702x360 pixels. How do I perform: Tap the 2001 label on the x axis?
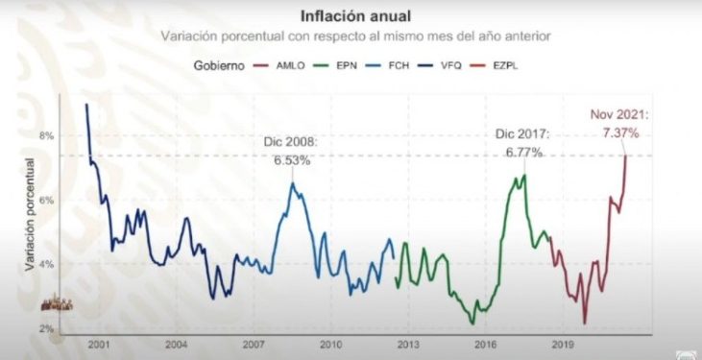[97, 344]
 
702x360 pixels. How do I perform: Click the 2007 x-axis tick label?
[253, 344]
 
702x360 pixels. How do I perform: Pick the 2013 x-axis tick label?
[408, 344]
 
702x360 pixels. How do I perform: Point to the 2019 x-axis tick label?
[563, 344]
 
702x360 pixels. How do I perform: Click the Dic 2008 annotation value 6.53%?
[291, 160]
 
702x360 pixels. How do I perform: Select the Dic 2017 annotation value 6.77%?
[520, 152]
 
